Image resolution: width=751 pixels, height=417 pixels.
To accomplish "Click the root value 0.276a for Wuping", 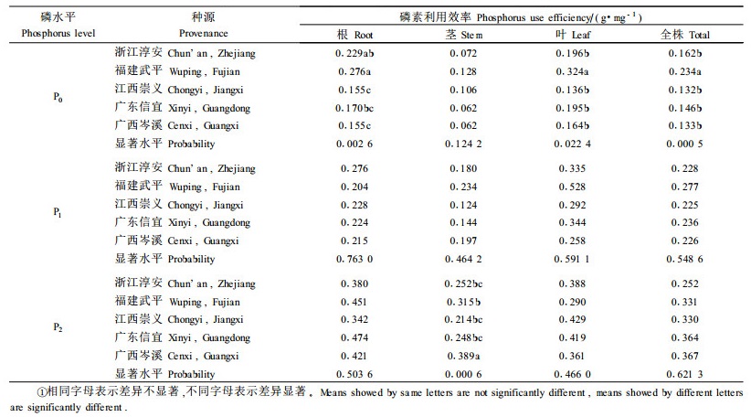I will pyautogui.click(x=354, y=72).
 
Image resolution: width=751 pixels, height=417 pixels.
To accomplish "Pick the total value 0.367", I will pyautogui.click(x=685, y=356).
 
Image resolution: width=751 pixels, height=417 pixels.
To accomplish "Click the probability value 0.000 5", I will pyautogui.click(x=685, y=144).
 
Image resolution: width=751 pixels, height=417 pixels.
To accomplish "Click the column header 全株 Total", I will pyautogui.click(x=685, y=35).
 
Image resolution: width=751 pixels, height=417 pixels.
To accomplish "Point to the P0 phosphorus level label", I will pyautogui.click(x=58, y=98).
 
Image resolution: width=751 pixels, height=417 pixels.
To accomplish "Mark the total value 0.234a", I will pyautogui.click(x=685, y=72).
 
